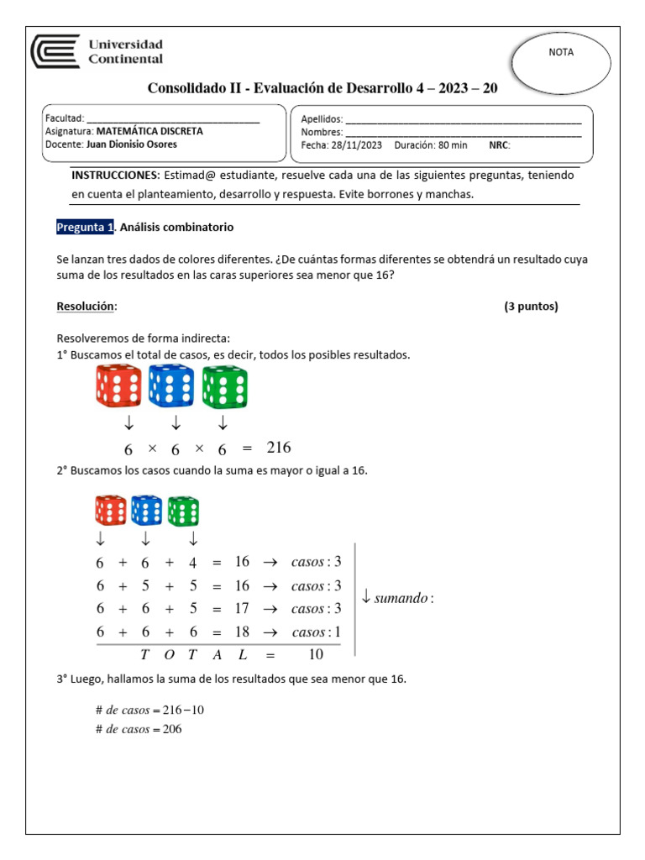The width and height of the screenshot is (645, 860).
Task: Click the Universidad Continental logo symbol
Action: [x=55, y=52]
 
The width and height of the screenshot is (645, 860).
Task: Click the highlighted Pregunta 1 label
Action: [x=85, y=228]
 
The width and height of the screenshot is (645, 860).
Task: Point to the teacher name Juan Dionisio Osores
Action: [x=131, y=144]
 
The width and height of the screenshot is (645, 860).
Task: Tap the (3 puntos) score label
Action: [x=531, y=307]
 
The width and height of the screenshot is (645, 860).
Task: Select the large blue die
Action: [x=170, y=386]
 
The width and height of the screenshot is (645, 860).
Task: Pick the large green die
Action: [x=224, y=386]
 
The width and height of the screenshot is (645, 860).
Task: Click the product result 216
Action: [x=278, y=448]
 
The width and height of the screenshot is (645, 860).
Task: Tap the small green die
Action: [x=183, y=511]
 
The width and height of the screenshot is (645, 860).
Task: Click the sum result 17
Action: [x=242, y=608]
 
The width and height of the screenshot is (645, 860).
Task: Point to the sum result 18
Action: [x=242, y=632]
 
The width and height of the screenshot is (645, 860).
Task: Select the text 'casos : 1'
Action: [x=317, y=632]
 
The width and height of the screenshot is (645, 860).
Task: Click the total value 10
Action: [x=316, y=655]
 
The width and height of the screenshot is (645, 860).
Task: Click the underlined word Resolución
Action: [x=85, y=307]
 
